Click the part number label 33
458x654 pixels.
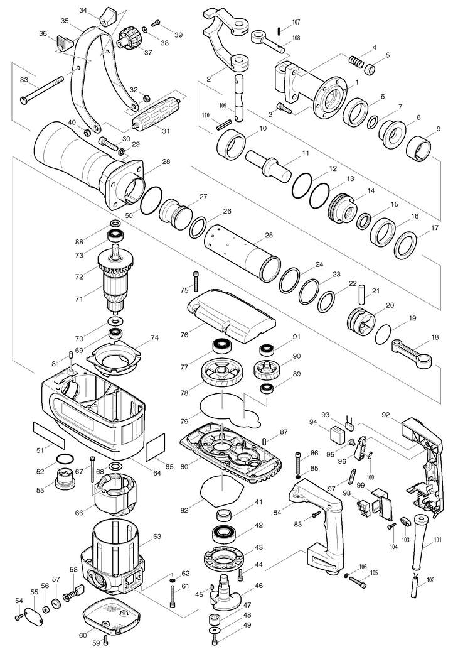(24, 80)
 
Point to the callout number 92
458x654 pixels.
(386, 414)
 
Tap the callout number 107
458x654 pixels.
(296, 23)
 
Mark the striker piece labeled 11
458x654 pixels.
(269, 165)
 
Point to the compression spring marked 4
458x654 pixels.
(357, 62)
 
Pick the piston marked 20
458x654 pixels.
(362, 319)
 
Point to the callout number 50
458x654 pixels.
(129, 215)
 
